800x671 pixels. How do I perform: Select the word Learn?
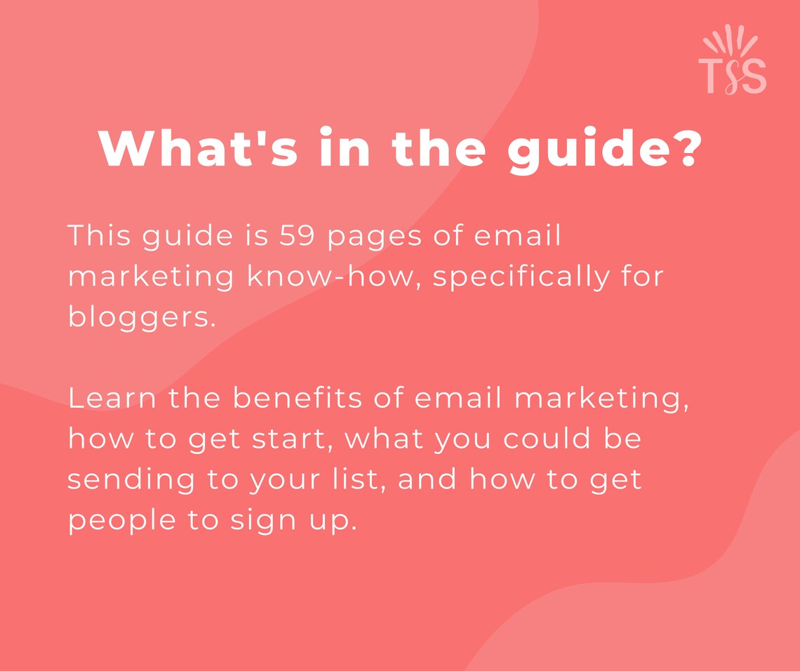click(x=112, y=399)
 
